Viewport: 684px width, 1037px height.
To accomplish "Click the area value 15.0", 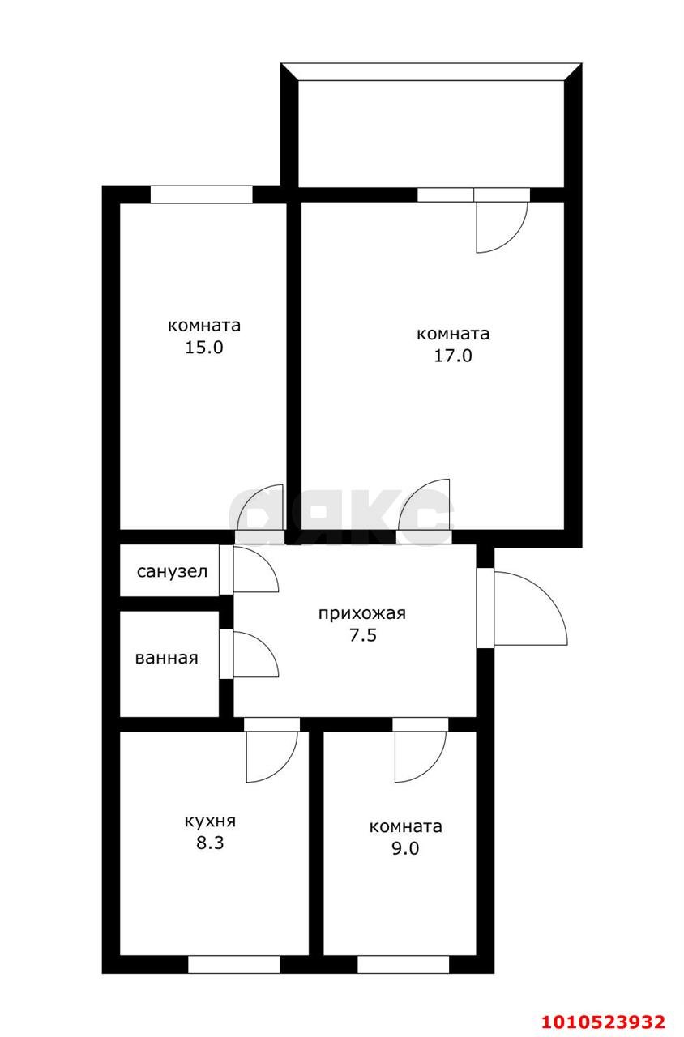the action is [204, 348].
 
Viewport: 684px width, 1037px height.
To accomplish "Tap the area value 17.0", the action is [453, 356].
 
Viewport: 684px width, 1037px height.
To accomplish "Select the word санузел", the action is [173, 571].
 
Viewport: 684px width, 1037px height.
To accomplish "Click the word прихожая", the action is [362, 614].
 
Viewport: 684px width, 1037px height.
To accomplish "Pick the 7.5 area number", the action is [363, 634].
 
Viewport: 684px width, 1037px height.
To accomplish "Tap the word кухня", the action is [210, 821].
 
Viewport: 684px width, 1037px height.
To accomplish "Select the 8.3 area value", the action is [210, 843].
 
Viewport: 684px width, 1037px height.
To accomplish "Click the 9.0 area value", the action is [406, 848].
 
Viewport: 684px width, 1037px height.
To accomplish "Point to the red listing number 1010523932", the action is [604, 1022].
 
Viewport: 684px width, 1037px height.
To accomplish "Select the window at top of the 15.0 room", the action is [202, 194].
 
